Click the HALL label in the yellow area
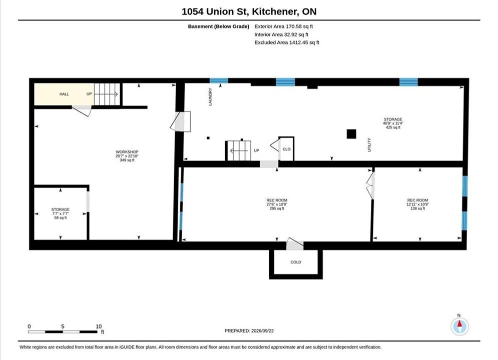64,94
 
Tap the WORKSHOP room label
127,152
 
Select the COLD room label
296,262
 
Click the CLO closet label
286,149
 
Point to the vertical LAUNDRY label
210,96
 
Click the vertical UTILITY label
369,145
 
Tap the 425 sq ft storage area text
393,127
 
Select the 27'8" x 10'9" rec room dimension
277,204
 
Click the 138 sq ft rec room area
417,208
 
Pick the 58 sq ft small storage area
61,218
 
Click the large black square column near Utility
351,134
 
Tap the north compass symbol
459,326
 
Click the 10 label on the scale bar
99,326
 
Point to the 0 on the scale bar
29,326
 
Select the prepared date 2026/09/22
262,331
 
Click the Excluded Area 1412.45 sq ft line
287,42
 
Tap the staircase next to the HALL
107,94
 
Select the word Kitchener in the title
275,11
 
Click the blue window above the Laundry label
219,80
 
